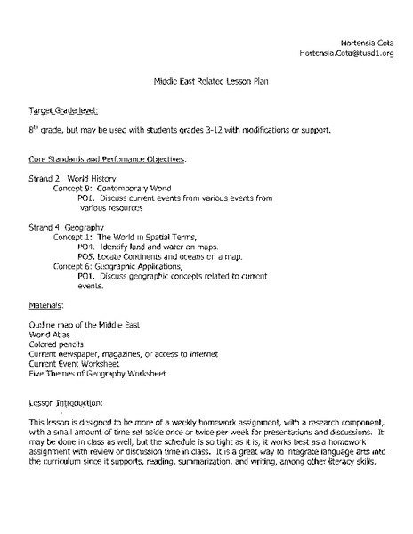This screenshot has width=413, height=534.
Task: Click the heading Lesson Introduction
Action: [66, 403]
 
